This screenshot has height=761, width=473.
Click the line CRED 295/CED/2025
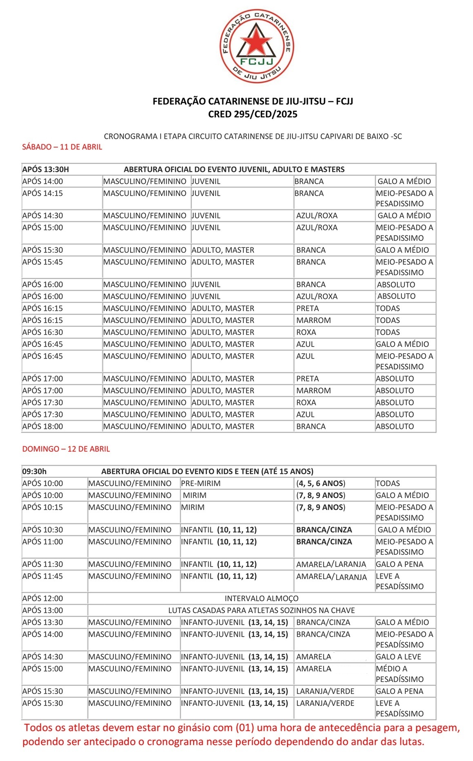coord(252,114)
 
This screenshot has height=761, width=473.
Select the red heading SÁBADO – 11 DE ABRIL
coord(62,147)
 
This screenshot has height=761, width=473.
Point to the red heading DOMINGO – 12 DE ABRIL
coord(66,449)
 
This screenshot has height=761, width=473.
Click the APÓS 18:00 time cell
coord(43,426)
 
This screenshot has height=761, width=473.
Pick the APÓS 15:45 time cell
coord(43,262)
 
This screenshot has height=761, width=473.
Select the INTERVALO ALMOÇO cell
coord(261,598)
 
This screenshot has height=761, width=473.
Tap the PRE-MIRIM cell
coord(201,484)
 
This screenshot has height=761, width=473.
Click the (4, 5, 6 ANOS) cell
coord(321,484)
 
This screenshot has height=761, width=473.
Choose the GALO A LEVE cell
coord(398,657)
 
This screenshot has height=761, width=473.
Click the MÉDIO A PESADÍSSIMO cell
coord(399,674)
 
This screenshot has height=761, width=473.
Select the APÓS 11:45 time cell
coord(43,576)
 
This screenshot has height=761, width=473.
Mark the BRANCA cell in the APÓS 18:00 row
coord(311,426)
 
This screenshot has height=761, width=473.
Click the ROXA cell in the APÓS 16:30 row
coord(306,333)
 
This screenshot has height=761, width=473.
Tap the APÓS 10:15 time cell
coord(43,507)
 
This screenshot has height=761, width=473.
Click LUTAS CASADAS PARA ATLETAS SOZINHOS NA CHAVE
coord(261,610)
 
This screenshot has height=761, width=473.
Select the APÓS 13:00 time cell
coord(43,610)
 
